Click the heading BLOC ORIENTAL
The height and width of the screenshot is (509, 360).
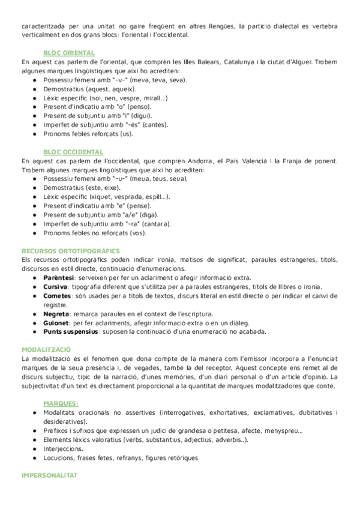69,53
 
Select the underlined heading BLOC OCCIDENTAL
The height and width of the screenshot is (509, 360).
73,152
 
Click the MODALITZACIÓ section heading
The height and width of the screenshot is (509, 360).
46,349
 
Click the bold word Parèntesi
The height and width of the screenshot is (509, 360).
58,278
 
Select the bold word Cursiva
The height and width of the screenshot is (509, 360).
55,287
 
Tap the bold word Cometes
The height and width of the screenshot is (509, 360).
57,296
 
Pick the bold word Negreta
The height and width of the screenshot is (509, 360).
56,314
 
